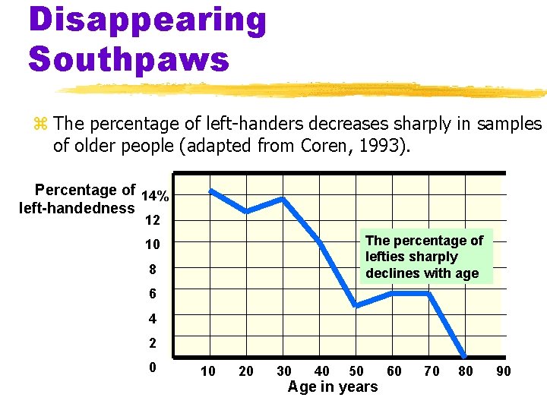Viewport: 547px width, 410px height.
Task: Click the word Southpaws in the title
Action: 129,58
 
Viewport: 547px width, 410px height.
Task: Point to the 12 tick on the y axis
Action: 152,221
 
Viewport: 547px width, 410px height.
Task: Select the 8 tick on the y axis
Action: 152,270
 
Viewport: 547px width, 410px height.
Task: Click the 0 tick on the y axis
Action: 153,367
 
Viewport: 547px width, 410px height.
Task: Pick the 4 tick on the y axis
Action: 152,318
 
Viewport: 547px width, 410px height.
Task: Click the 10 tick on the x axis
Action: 207,371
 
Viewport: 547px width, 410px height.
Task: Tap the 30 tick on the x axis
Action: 283,371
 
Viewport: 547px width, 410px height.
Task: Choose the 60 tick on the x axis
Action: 394,371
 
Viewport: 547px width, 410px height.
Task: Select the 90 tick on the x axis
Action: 503,371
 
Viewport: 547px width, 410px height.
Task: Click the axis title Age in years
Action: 332,387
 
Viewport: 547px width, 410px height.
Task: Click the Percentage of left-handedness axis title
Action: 77,199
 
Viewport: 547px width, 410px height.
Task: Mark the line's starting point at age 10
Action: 212,191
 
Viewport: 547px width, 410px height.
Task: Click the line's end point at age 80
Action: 465,355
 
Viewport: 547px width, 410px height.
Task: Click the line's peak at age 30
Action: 283,199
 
